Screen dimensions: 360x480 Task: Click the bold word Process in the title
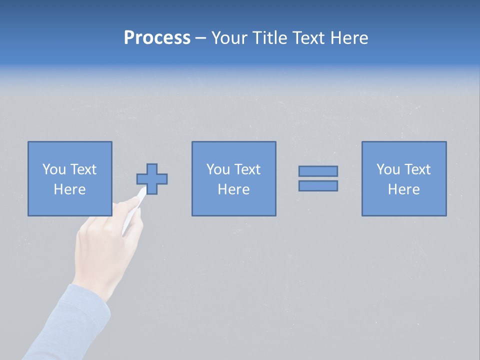[x=157, y=38]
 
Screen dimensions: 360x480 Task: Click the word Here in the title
[x=349, y=38]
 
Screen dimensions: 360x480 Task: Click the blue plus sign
[x=152, y=178]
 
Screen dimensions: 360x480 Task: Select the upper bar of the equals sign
[x=318, y=171]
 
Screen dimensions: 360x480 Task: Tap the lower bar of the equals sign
[x=318, y=186]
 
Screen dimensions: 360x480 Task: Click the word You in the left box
[x=53, y=169]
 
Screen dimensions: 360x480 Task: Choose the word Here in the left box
[x=69, y=189]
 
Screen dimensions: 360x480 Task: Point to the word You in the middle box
[x=217, y=169]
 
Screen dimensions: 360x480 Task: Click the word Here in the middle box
[x=233, y=189]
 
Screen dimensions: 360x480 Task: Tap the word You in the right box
[x=387, y=169]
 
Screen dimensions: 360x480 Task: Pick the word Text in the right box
[x=417, y=169]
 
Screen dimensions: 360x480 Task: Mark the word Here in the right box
[x=403, y=189]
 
